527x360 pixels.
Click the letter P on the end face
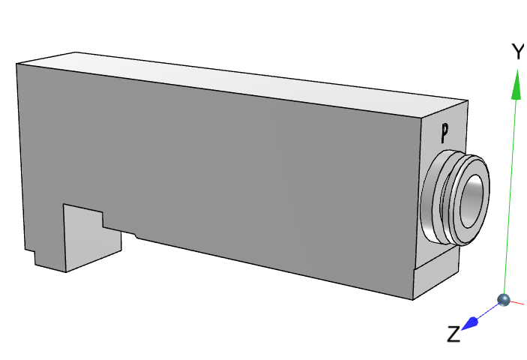[445, 133]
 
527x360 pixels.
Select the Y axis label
[517, 52]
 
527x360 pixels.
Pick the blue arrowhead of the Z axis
[472, 322]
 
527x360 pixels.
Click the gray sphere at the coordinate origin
[504, 300]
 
